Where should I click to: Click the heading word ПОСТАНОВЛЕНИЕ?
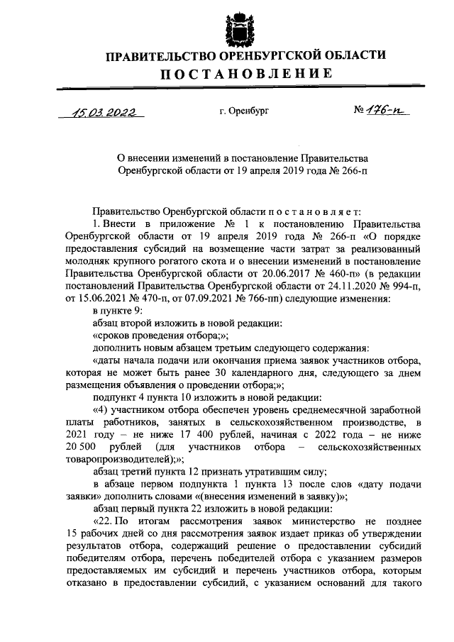[245, 74]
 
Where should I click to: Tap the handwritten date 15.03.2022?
[99, 111]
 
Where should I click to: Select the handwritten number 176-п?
[384, 111]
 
